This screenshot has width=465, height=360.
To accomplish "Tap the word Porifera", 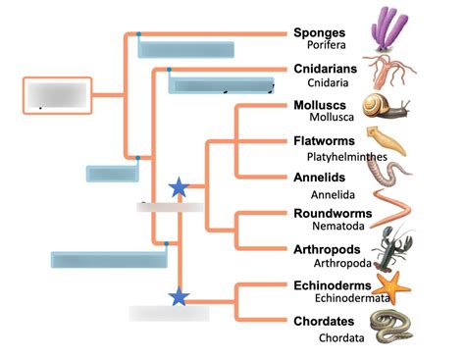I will [327, 46].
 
